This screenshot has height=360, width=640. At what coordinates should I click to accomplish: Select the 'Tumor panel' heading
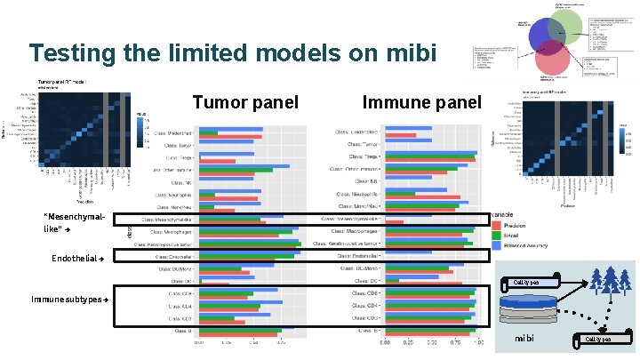244,102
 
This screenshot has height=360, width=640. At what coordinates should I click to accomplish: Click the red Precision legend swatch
495,226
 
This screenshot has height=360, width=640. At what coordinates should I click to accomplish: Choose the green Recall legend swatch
495,235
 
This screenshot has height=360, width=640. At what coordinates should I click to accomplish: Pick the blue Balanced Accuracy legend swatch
495,244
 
